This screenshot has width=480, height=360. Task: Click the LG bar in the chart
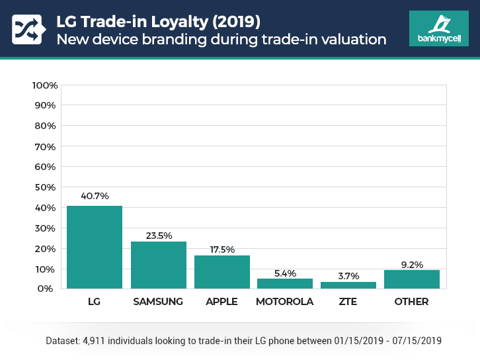tap(95, 247)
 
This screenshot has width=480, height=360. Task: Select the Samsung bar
tap(159, 265)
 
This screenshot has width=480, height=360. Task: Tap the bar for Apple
tap(222, 271)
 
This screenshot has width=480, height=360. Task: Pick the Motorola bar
tap(285, 283)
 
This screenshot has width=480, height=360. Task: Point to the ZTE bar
tap(348, 285)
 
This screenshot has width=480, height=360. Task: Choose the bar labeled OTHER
tap(412, 279)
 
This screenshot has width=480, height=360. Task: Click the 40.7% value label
tap(95, 196)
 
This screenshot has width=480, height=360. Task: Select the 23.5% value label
tap(159, 235)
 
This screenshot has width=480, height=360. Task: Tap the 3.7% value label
tap(348, 275)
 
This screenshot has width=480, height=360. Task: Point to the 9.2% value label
tap(412, 263)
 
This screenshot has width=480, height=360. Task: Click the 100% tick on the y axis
tap(45, 85)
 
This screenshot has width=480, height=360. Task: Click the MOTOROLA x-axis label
tap(285, 302)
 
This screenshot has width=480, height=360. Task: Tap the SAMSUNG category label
tap(158, 302)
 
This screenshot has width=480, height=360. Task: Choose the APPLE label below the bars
tap(222, 302)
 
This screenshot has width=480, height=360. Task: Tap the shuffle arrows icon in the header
tap(27, 28)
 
